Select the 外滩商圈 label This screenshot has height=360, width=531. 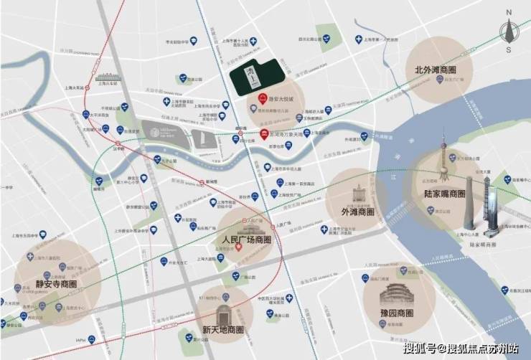pyautogui.click(x=356, y=212)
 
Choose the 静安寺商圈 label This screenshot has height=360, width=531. pyautogui.click(x=56, y=285)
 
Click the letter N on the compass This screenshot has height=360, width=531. pyautogui.click(x=508, y=12)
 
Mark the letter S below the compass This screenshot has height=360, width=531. pyautogui.click(x=508, y=50)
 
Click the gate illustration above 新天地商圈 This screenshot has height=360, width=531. pyautogui.click(x=224, y=313)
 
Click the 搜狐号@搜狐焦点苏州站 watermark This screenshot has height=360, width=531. pyautogui.click(x=461, y=349)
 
